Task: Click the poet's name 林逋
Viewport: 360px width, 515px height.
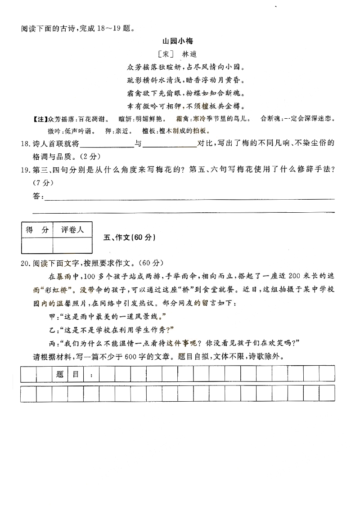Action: click(189, 54)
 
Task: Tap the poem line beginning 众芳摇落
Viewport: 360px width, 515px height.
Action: click(186, 67)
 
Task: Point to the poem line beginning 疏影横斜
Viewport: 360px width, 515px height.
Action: click(186, 80)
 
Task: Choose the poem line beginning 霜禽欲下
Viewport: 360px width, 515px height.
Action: click(186, 94)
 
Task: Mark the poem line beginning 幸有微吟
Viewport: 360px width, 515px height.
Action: click(186, 107)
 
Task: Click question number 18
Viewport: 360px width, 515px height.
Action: click(25, 144)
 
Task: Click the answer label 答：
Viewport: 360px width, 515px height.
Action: click(38, 196)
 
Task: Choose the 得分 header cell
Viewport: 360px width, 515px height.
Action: click(37, 230)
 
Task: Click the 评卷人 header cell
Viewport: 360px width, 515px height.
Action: click(72, 230)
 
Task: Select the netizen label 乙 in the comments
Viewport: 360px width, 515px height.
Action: click(51, 329)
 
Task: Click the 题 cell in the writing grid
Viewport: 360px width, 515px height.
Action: click(60, 374)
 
